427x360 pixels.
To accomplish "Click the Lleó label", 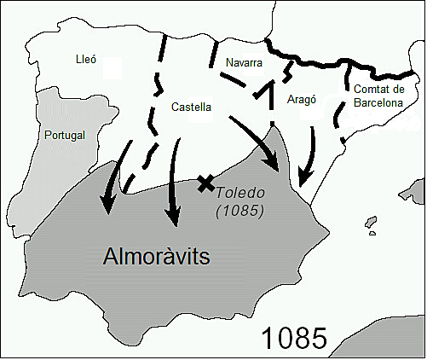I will point(86,60).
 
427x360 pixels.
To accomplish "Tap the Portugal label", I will point(64,135).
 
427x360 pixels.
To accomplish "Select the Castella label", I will point(192,107).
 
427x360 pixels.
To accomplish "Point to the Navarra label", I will point(245,63).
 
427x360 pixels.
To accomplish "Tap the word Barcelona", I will point(378,102).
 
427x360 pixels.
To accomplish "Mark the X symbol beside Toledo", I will point(205,182).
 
